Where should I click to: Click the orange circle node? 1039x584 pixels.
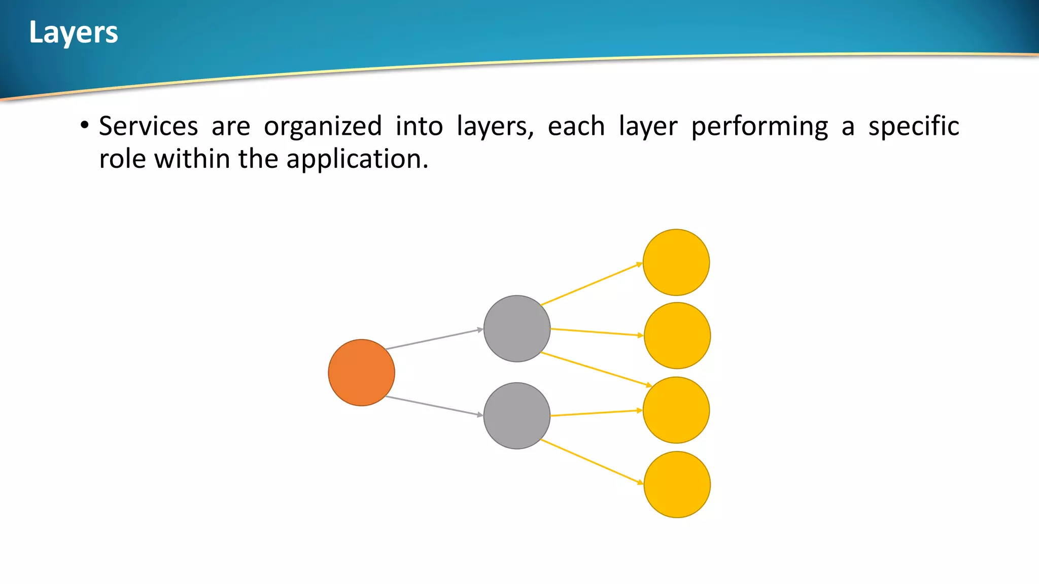(361, 373)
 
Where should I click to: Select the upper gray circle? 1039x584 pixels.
(516, 328)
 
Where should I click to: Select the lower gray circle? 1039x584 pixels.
(516, 416)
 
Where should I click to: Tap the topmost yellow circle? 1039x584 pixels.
(676, 262)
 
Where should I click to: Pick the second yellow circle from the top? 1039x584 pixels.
(677, 336)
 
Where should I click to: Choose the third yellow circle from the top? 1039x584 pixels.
(676, 410)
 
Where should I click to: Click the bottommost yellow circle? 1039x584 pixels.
(677, 485)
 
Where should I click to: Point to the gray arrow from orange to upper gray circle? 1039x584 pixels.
(434, 339)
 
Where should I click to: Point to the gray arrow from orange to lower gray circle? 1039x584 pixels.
(434, 406)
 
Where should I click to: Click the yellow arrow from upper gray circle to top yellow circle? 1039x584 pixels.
(591, 284)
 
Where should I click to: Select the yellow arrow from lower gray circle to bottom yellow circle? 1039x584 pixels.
(591, 461)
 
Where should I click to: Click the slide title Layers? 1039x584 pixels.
(74, 32)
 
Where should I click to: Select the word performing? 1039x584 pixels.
(759, 127)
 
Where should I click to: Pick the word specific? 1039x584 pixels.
(913, 127)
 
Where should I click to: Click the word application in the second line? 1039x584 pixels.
(357, 159)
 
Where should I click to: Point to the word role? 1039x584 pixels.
(122, 159)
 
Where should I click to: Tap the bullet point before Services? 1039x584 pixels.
(85, 125)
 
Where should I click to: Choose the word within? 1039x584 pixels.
(192, 159)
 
